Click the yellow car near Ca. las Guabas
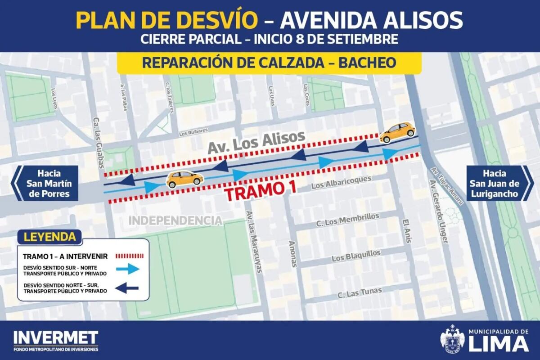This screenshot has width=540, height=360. [x=184, y=179]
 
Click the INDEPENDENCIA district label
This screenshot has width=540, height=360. [x=176, y=220]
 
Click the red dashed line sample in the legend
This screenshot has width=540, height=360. [x=130, y=256]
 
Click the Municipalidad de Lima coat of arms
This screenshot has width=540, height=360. [x=451, y=340]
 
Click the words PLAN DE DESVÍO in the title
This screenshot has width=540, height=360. [x=167, y=20]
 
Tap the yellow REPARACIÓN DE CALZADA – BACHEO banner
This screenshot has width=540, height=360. [x=269, y=63]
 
